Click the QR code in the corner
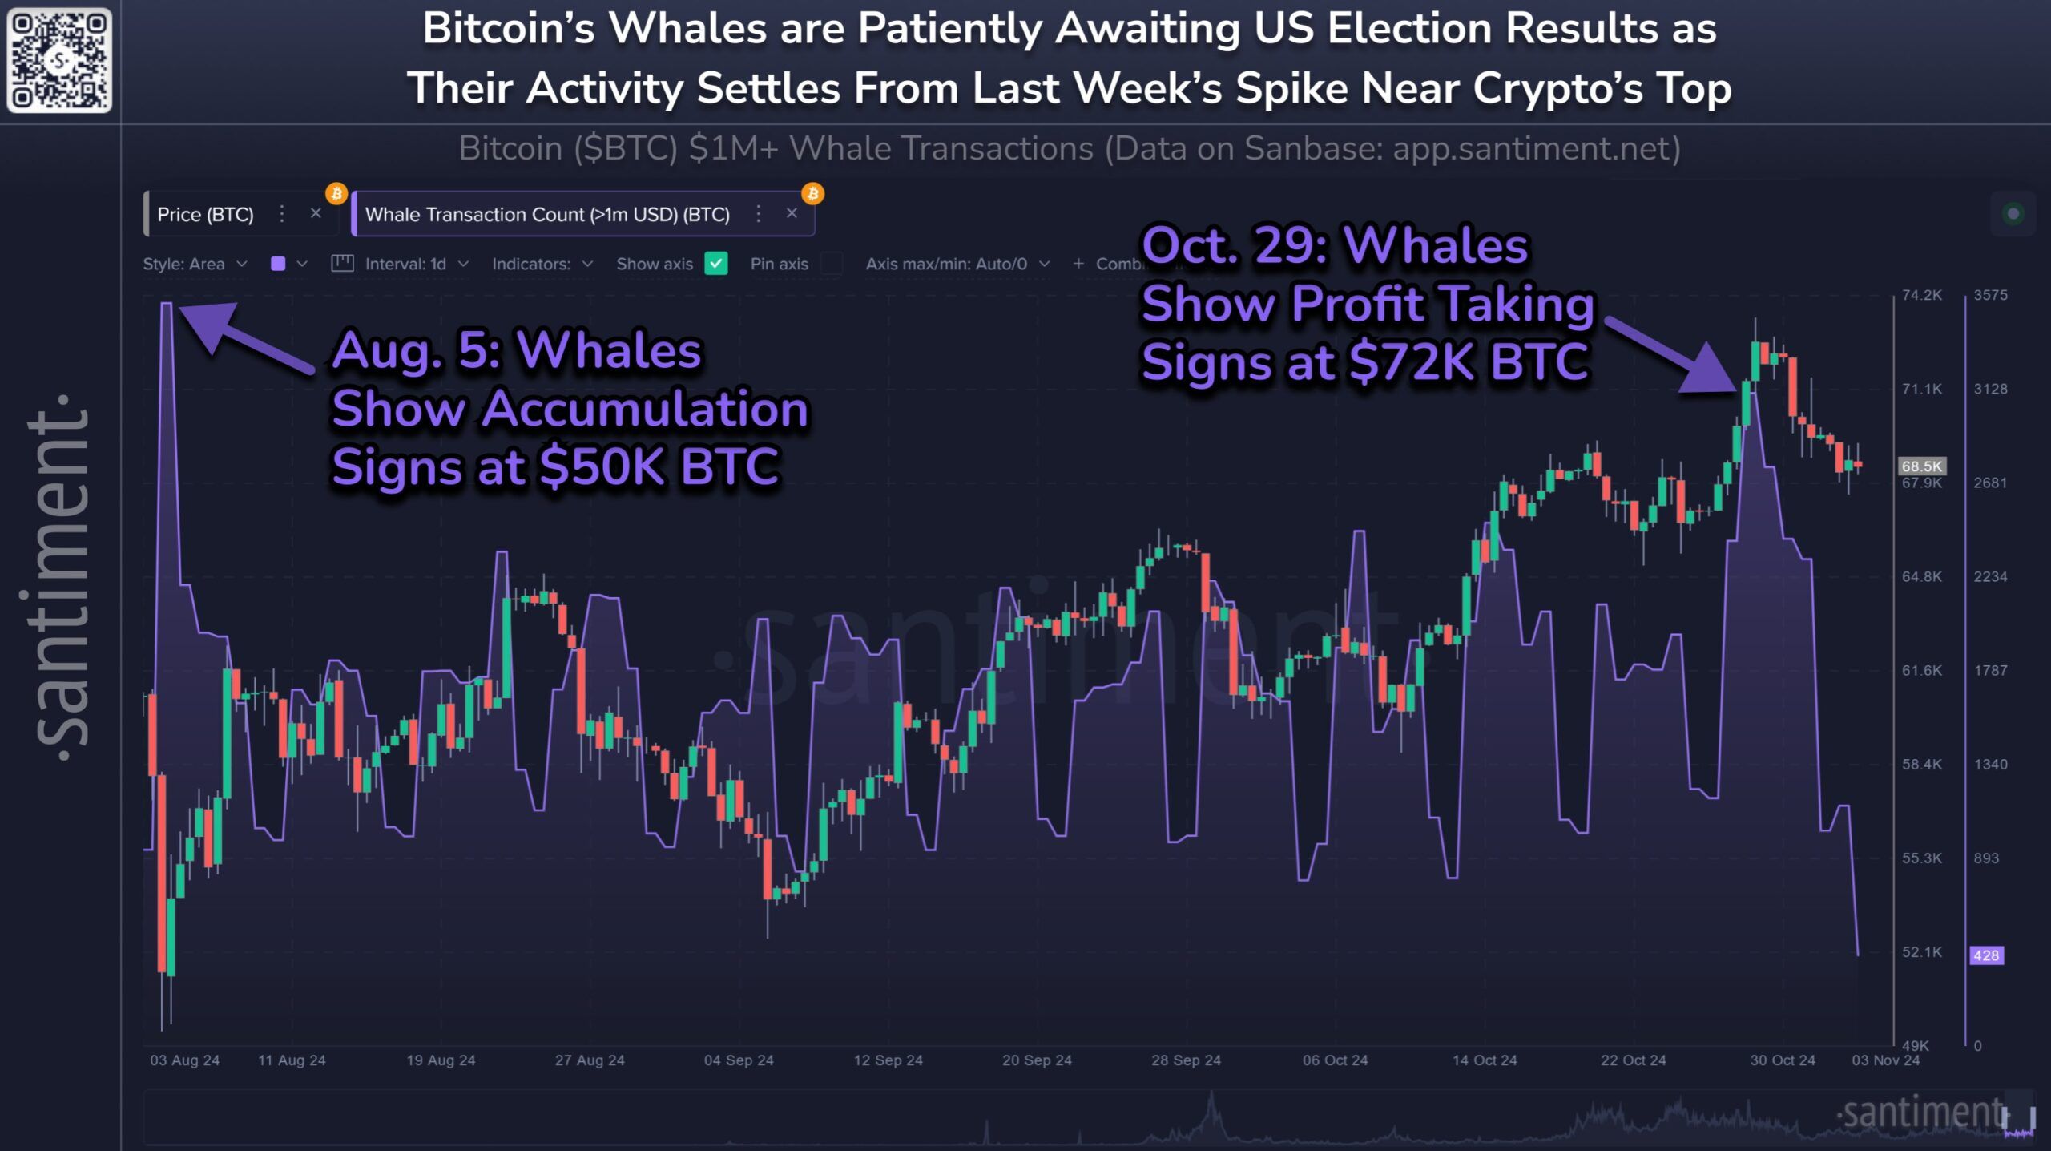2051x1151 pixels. click(x=59, y=60)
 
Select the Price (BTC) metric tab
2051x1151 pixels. click(x=205, y=214)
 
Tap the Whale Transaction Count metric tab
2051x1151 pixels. click(x=547, y=214)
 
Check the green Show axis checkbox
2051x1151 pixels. click(x=715, y=264)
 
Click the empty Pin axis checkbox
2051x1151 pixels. click(x=832, y=264)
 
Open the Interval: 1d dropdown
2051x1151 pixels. click(x=401, y=264)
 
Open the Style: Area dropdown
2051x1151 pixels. click(x=195, y=264)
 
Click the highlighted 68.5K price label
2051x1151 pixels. click(x=1921, y=466)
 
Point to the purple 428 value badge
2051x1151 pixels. click(x=1986, y=955)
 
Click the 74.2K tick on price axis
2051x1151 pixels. click(x=1922, y=295)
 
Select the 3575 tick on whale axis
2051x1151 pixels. click(x=1990, y=295)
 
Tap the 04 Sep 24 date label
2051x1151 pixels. click(x=739, y=1060)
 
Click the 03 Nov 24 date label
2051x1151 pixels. click(x=1885, y=1060)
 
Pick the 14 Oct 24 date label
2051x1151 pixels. click(x=1485, y=1060)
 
